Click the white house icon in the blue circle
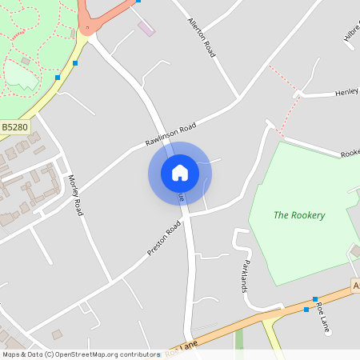point(180,173)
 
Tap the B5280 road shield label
point(14,126)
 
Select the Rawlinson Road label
point(170,134)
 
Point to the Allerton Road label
point(201,37)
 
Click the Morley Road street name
point(75,195)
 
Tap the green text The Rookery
point(299,214)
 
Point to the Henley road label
point(346,92)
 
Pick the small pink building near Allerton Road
point(146,29)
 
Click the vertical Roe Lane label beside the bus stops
point(323,318)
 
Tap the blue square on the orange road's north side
point(315,298)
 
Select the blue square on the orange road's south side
point(306,309)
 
